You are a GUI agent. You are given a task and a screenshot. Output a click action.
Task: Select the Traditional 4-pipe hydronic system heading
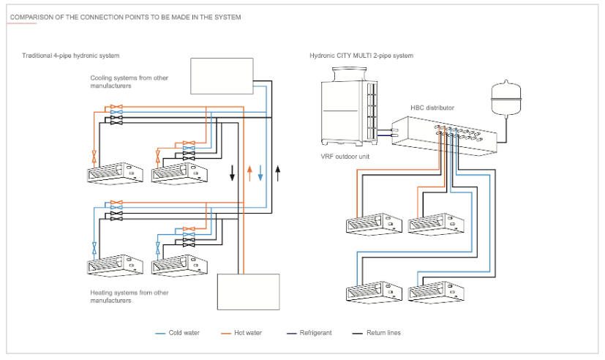coord(71,56)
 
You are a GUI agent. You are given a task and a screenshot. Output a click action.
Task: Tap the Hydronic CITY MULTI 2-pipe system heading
coord(361,56)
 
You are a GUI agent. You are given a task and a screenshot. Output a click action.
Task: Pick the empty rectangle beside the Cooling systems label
coord(222,76)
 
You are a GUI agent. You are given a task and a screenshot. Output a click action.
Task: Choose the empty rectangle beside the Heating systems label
coord(249,291)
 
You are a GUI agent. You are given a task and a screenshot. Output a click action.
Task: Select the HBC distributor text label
coord(432,108)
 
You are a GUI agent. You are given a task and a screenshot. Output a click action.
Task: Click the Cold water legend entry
coord(184,333)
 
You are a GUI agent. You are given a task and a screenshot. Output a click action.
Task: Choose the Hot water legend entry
coord(248,333)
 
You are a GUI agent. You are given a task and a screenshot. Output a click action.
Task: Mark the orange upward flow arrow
coord(249,173)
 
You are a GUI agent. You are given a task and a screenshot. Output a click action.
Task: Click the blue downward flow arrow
coord(260,173)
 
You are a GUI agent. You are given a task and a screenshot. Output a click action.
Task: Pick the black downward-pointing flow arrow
coord(233,173)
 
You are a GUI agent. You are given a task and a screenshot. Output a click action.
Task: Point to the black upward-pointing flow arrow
coord(278,173)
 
